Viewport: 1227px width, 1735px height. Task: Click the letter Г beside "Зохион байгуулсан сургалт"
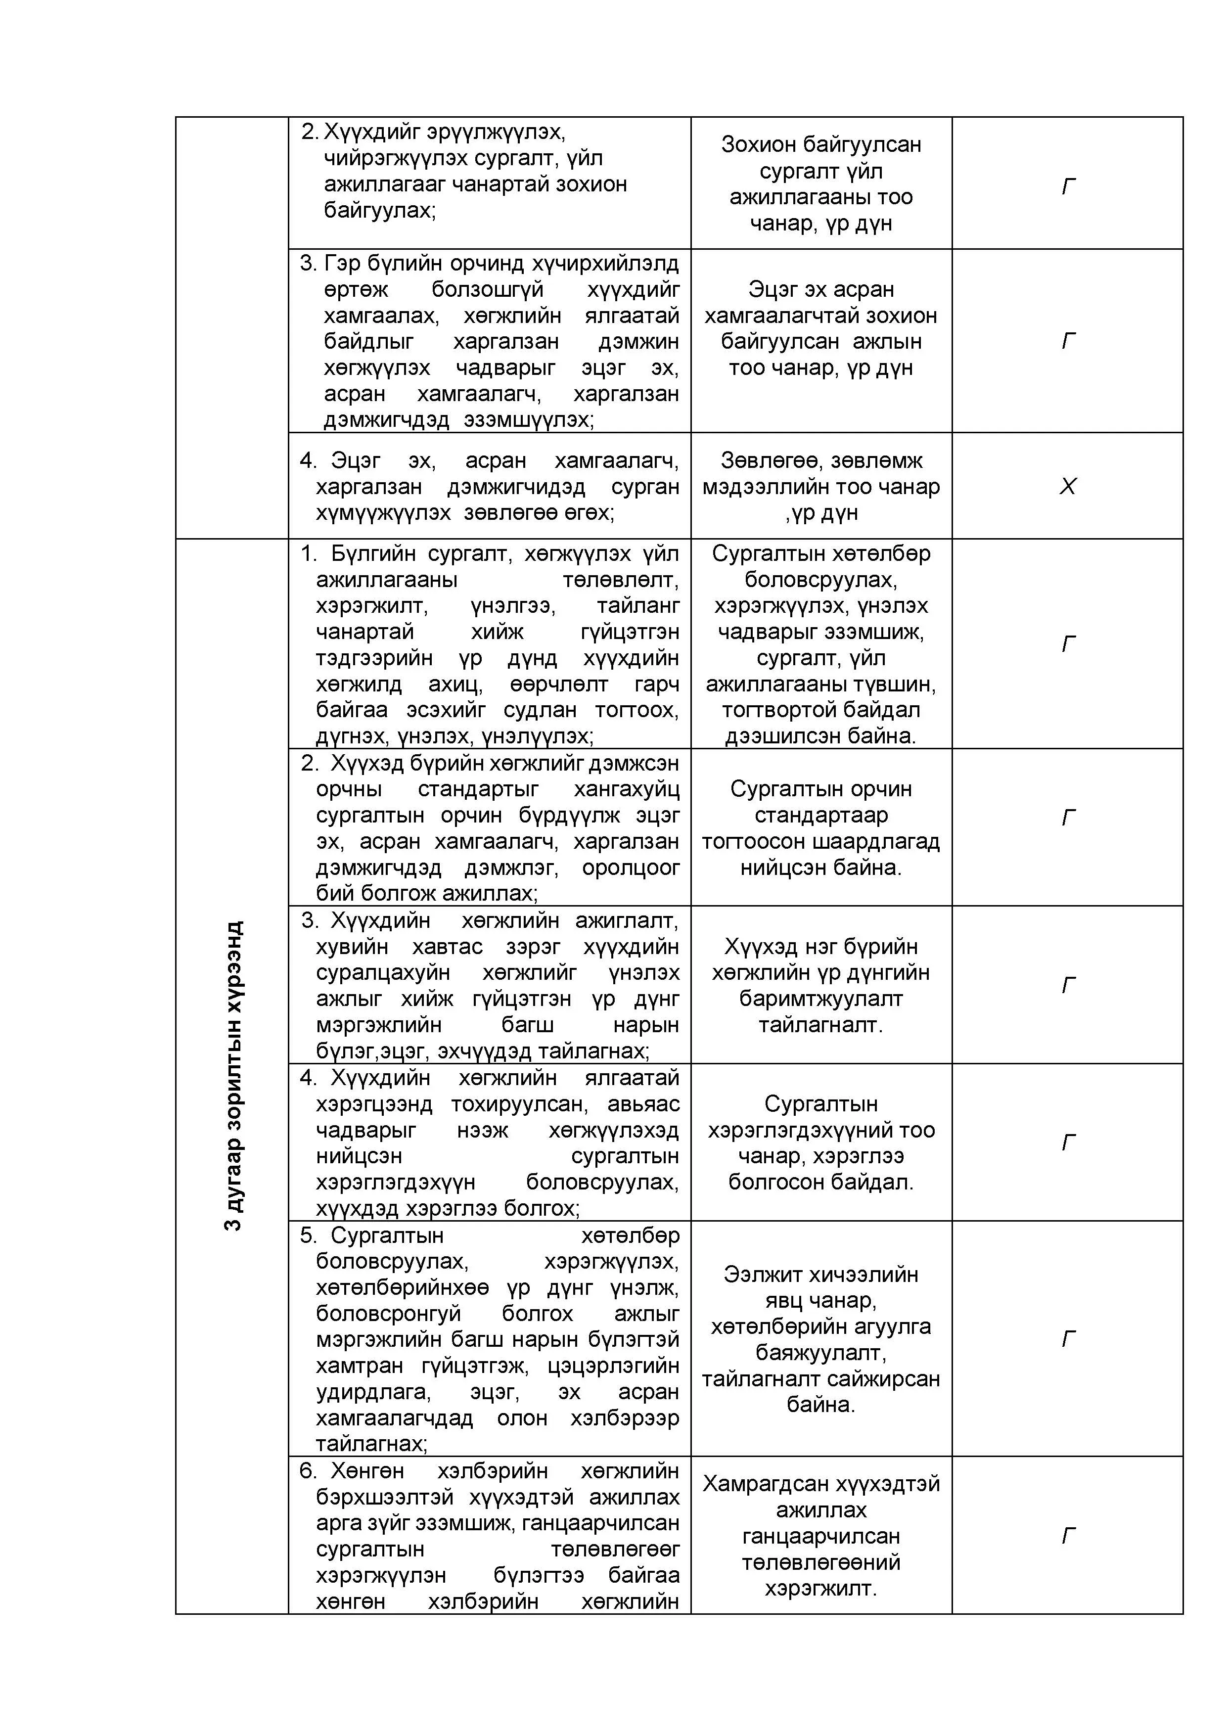tap(1067, 185)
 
